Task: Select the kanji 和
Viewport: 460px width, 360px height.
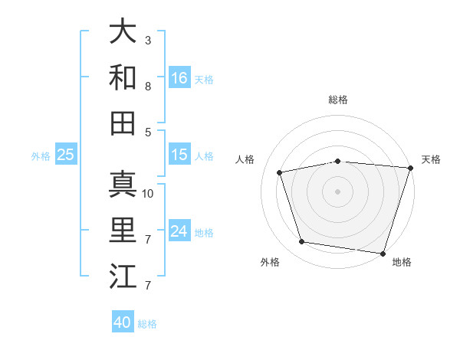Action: pyautogui.click(x=123, y=77)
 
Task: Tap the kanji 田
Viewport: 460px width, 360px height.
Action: pyautogui.click(x=123, y=123)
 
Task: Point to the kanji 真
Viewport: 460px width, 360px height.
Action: pyautogui.click(x=123, y=184)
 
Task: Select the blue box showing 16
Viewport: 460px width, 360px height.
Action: pyautogui.click(x=179, y=77)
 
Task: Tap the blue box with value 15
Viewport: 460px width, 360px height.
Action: pyautogui.click(x=179, y=155)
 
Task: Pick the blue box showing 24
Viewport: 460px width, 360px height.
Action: pyautogui.click(x=179, y=231)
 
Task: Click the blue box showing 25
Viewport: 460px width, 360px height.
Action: pyautogui.click(x=66, y=155)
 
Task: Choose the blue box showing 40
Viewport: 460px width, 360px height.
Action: pyautogui.click(x=123, y=322)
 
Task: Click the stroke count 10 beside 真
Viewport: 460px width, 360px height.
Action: pyautogui.click(x=148, y=194)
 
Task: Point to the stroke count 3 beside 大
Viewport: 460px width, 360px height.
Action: pyautogui.click(x=148, y=41)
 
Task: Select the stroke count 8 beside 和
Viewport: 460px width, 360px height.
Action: pyautogui.click(x=148, y=87)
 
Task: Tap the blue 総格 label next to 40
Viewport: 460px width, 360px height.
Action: pyautogui.click(x=148, y=324)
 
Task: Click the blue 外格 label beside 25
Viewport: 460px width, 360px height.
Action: pyautogui.click(x=41, y=156)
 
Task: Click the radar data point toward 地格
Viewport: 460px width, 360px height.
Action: pyautogui.click(x=383, y=253)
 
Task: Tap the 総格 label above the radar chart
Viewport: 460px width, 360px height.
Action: pyautogui.click(x=337, y=100)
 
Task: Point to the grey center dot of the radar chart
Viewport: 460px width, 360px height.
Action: pyautogui.click(x=337, y=191)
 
